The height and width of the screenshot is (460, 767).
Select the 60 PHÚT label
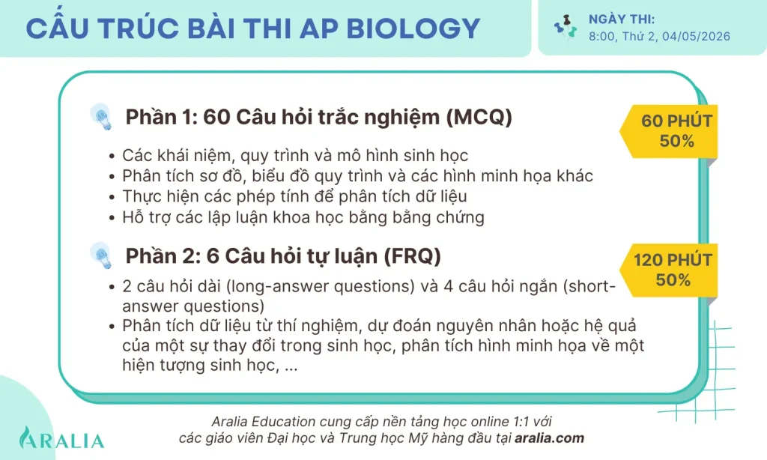coord(677,121)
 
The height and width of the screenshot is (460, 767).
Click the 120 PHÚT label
coord(673,261)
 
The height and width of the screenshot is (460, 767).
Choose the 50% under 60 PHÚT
coord(677,141)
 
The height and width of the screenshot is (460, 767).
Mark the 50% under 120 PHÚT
coord(673,280)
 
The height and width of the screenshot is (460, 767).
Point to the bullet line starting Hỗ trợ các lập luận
coord(303,218)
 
